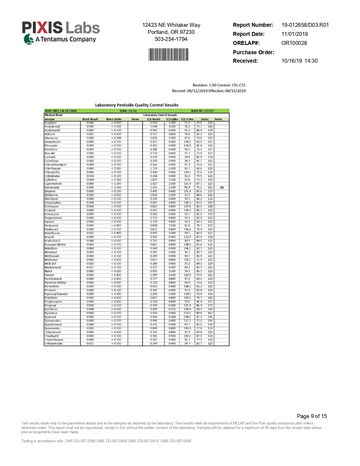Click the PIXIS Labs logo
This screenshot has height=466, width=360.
61,32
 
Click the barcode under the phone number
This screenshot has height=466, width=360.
168,54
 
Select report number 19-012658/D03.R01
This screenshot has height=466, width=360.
305,25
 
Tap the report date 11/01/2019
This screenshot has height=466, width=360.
294,34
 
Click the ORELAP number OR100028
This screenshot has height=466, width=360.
294,43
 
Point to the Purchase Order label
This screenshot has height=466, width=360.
253,52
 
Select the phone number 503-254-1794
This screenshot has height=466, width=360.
171,39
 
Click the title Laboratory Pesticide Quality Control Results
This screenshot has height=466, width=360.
137,105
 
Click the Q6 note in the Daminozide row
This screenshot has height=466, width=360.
222,188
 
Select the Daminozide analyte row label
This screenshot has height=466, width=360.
52,188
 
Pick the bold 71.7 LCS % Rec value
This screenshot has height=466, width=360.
187,188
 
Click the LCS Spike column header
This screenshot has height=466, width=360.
172,119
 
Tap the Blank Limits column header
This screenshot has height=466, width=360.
114,119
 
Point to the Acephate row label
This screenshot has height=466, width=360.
51,123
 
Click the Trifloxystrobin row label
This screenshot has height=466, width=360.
54,344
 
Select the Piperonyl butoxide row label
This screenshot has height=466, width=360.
56,294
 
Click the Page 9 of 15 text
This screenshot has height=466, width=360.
312,416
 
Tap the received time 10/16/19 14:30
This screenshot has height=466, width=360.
299,61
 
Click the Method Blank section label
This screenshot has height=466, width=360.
54,115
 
